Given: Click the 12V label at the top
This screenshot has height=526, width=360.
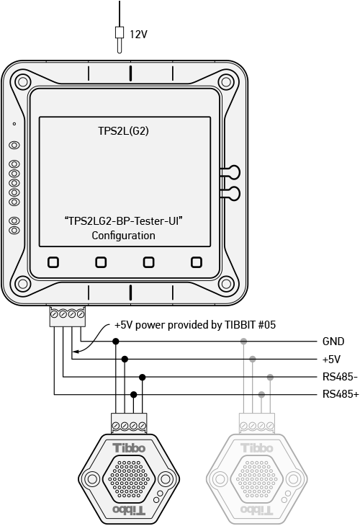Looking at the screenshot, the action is point(138,34).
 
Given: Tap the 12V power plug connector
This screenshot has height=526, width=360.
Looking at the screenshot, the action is point(119,39).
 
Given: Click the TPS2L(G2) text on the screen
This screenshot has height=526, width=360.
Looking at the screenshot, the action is point(123,131).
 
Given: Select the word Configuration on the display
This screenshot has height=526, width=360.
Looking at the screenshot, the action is point(123,236).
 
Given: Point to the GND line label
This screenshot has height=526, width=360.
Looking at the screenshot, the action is point(333,342).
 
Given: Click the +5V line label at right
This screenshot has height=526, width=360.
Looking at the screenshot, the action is point(331,360).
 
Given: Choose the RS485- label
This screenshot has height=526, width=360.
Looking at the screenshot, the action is point(340,377).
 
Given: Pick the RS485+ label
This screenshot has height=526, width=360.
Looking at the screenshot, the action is point(341,394).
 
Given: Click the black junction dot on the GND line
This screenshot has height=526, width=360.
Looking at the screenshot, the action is point(116,342).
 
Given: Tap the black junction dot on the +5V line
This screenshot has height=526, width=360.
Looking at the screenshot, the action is point(125,360).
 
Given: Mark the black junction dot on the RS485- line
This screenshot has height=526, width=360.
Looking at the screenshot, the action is point(142,378).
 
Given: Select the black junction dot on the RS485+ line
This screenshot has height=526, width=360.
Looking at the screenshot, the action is point(133,395).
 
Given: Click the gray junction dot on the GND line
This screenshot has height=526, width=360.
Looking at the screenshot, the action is point(243,342).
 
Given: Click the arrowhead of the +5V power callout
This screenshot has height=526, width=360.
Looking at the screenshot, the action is point(75,352).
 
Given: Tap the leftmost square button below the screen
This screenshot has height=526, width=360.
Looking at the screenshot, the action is point(53,262).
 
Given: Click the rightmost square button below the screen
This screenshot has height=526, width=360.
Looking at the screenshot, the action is point(197,262).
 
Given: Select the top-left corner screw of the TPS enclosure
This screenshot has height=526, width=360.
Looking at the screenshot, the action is point(23,82).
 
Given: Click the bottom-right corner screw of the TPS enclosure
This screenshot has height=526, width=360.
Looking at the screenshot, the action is point(226,284).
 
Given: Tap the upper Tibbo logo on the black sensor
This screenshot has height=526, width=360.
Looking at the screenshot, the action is point(129,448).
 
